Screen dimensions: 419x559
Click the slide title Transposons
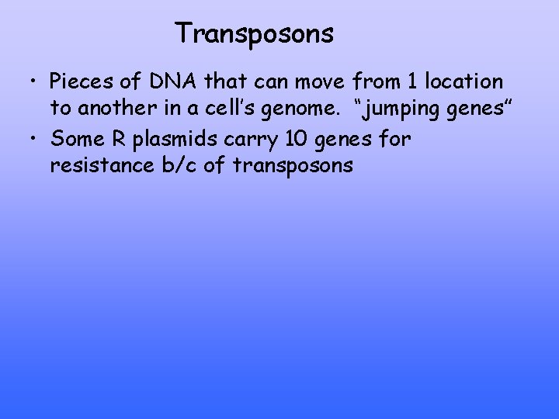[x=254, y=33]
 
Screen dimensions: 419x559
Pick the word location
[x=465, y=81]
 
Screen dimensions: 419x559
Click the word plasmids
[x=170, y=140]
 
